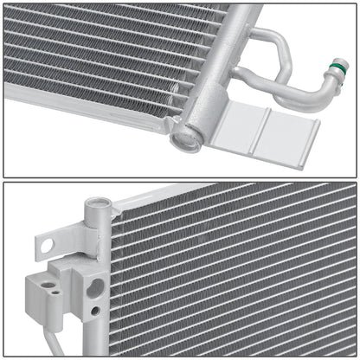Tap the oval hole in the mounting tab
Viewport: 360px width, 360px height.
click(47, 246)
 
